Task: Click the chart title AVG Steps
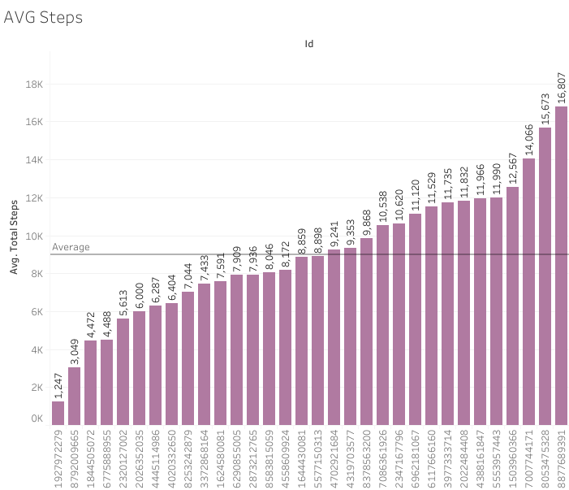[43, 17]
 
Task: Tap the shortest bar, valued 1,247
[58, 413]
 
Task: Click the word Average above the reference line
[71, 247]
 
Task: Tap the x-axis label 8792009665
[75, 458]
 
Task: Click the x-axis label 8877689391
[561, 458]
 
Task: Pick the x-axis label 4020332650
[172, 458]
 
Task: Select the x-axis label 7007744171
[528, 458]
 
